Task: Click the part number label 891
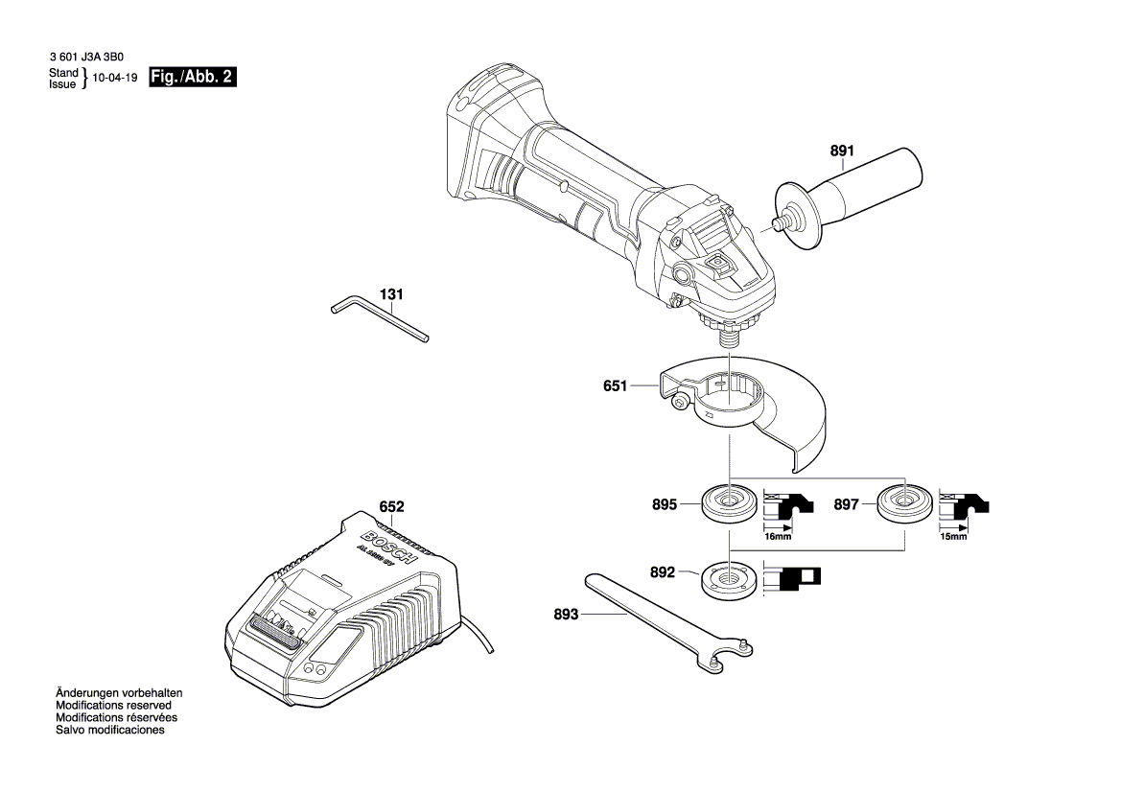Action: click(841, 151)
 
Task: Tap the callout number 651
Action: click(615, 386)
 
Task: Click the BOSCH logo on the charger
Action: click(388, 544)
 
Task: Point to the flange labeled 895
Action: click(729, 504)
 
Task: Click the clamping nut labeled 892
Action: click(729, 581)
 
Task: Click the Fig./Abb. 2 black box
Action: click(192, 78)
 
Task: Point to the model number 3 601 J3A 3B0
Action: click(85, 58)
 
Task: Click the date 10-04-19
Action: click(116, 79)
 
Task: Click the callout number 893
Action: click(566, 615)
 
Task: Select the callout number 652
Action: click(391, 506)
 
